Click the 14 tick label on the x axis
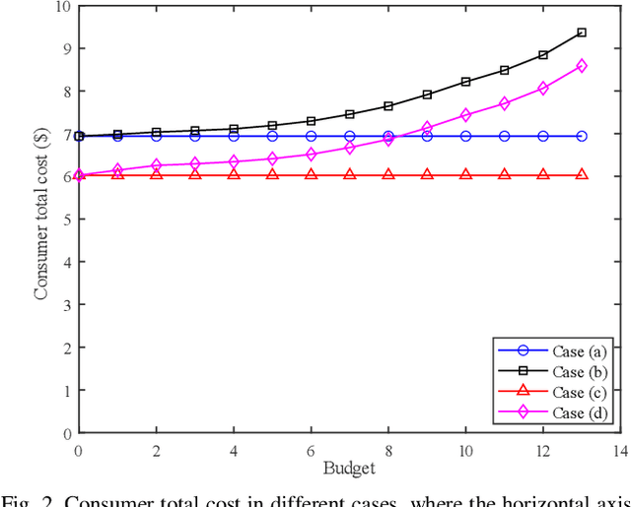(x=620, y=449)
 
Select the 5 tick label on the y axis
(x=66, y=220)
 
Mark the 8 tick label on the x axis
(x=388, y=449)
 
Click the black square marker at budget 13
(x=582, y=32)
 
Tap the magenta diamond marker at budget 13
(x=582, y=66)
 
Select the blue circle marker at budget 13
(x=582, y=136)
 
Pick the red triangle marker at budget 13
(x=582, y=174)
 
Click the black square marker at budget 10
(x=465, y=82)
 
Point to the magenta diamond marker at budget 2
(x=156, y=165)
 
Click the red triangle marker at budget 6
(x=311, y=174)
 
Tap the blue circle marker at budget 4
(x=234, y=136)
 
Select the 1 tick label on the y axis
(x=66, y=390)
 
